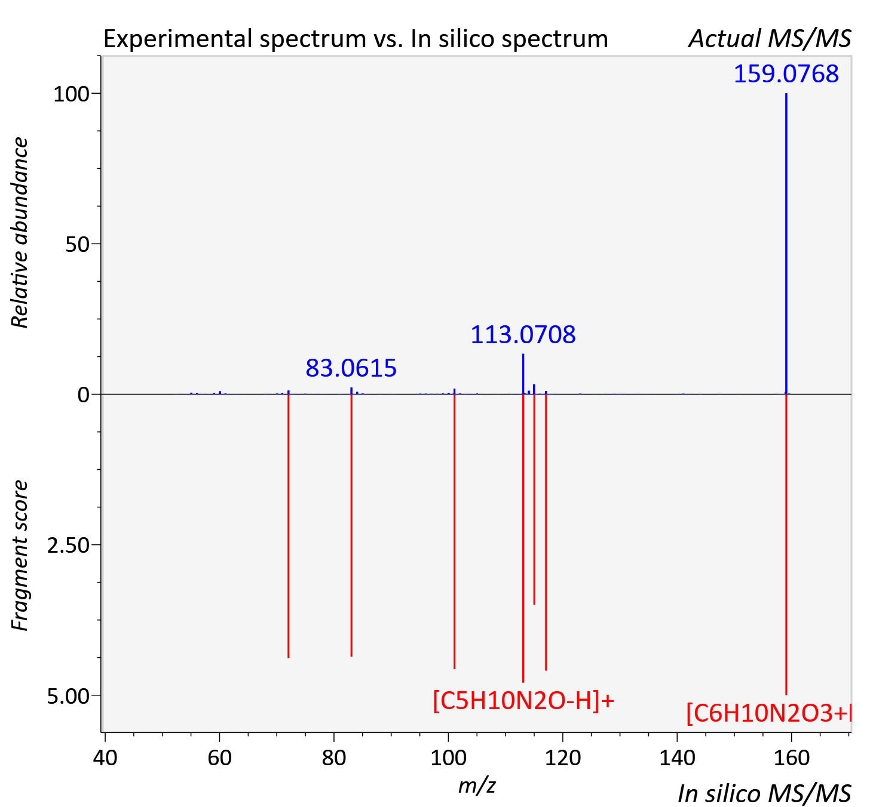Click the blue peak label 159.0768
(786, 73)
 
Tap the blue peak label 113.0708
(523, 335)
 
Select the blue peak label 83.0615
(351, 368)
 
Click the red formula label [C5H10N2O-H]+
(523, 701)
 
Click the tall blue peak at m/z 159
(786, 244)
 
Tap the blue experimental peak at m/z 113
(523, 374)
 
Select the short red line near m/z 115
(534, 500)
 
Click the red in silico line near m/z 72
(288, 526)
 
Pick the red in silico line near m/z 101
(454, 531)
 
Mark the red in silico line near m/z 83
(351, 525)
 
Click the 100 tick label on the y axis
(71, 94)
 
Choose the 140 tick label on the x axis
(677, 757)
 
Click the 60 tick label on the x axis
(219, 757)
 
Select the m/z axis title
(477, 785)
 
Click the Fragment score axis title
(20, 555)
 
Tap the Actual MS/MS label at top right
(770, 39)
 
